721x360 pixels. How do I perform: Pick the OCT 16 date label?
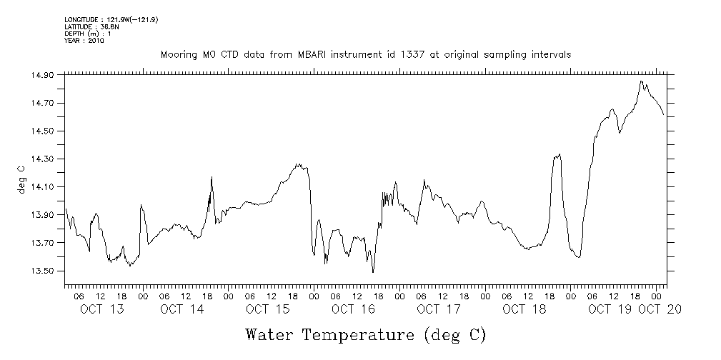click(x=353, y=309)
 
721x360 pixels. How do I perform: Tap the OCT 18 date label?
click(x=524, y=309)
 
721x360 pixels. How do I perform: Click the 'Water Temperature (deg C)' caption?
click(x=365, y=335)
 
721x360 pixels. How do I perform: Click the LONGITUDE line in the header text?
click(x=111, y=19)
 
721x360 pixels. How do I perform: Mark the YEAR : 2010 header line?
click(x=84, y=41)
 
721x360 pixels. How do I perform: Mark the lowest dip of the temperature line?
click(x=373, y=272)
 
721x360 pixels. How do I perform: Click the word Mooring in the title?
click(x=177, y=55)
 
